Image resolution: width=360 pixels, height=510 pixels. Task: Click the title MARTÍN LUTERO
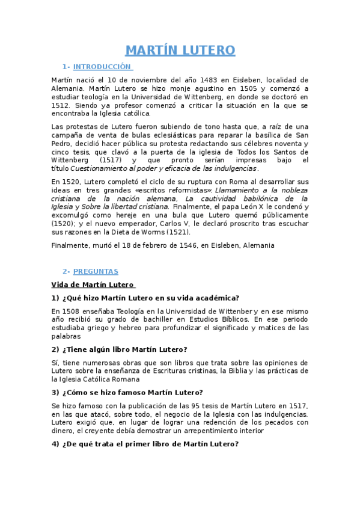[x=180, y=50]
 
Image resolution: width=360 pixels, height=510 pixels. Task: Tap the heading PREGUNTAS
[x=96, y=271]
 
